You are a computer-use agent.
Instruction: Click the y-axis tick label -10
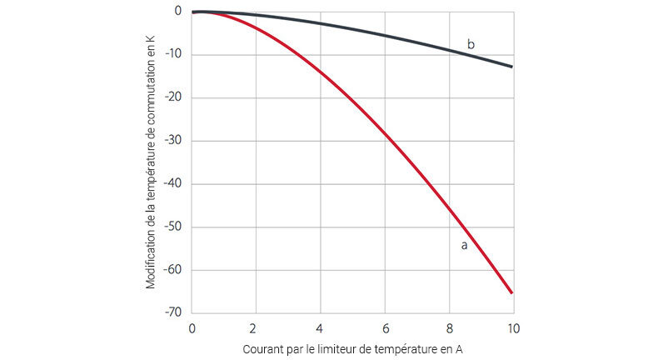[x=173, y=55]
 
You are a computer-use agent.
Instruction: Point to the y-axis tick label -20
[x=173, y=97]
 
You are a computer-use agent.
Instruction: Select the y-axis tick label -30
[x=173, y=141]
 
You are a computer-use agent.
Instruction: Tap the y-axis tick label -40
[x=173, y=184]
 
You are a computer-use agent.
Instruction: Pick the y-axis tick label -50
[x=173, y=227]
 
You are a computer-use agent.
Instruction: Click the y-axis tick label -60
[x=173, y=270]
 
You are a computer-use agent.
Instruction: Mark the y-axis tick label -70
[x=173, y=312]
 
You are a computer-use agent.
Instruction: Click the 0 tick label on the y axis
[x=177, y=12]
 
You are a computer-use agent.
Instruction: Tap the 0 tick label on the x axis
[x=192, y=327]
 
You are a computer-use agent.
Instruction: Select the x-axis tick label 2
[x=256, y=327]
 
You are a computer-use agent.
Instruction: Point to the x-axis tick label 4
[x=320, y=327]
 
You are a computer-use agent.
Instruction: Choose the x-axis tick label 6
[x=384, y=327]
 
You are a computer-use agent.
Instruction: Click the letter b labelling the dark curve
[x=471, y=44]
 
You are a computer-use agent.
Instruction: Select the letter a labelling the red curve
[x=464, y=245]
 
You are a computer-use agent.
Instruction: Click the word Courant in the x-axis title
[x=266, y=350]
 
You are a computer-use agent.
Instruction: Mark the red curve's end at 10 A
[x=511, y=292]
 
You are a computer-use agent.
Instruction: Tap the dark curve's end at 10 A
[x=511, y=67]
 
